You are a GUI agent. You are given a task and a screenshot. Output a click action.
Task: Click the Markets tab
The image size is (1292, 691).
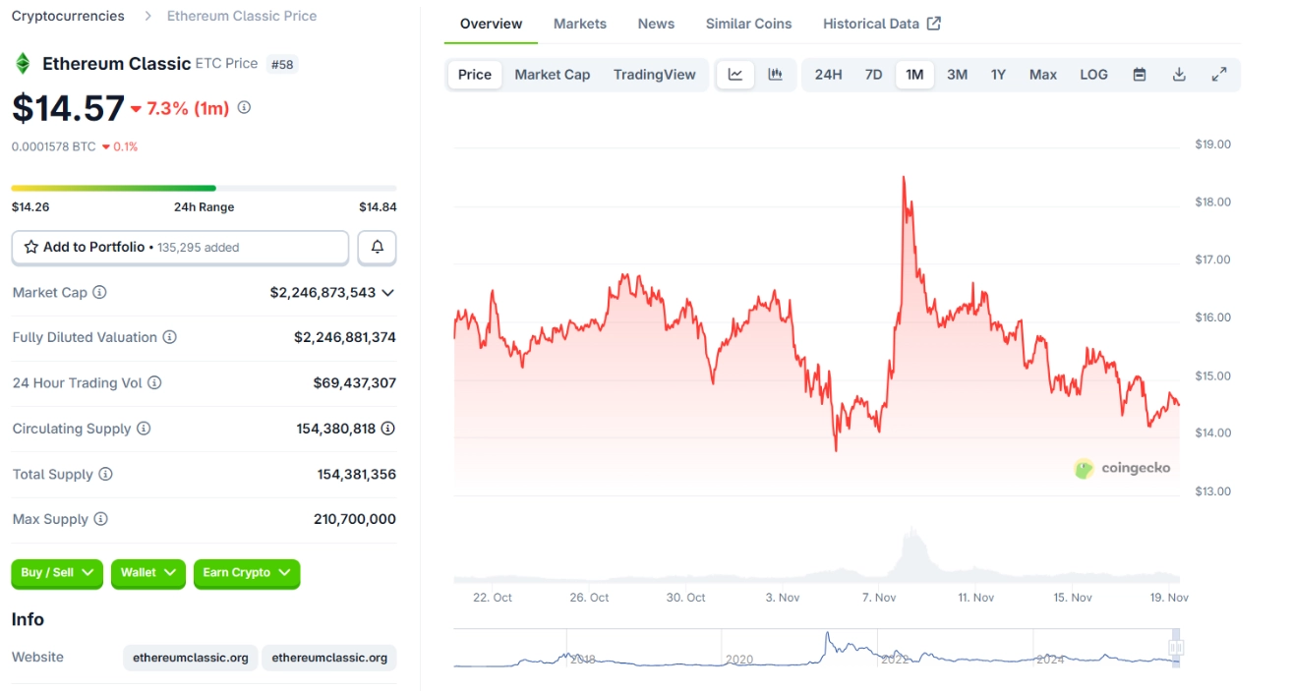click(579, 24)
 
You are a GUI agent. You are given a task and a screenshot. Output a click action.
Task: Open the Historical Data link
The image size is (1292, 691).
click(881, 24)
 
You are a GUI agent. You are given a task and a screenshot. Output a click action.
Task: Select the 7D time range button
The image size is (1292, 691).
click(873, 75)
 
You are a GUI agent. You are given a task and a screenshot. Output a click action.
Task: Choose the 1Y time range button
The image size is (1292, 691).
click(998, 75)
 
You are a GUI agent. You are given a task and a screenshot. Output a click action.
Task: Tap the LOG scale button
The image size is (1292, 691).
click(1093, 75)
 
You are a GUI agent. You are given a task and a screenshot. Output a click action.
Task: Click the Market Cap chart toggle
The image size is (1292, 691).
click(552, 75)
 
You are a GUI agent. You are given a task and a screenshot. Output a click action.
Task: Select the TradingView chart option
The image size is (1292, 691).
click(654, 75)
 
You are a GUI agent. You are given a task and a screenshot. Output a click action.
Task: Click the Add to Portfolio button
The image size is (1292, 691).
click(180, 248)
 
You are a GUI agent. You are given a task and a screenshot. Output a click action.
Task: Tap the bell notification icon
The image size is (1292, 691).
click(377, 248)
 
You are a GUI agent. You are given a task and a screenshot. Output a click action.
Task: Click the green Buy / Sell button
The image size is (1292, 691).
click(57, 573)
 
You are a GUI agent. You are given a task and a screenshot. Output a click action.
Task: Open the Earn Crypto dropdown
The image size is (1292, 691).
click(246, 573)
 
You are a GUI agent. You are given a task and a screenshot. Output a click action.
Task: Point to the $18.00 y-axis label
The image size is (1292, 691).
click(1212, 202)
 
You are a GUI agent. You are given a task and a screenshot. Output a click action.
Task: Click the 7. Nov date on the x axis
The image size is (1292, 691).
click(878, 598)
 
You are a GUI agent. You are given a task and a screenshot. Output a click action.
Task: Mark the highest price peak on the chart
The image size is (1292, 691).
click(903, 178)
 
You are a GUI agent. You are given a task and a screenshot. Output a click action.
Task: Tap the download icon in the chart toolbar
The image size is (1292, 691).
click(1179, 75)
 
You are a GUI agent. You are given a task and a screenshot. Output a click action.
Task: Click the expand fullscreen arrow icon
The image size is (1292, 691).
click(1219, 75)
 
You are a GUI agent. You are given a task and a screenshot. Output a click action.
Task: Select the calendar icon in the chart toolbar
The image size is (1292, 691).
click(1139, 75)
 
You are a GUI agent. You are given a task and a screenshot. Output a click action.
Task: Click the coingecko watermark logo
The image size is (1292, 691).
click(1122, 468)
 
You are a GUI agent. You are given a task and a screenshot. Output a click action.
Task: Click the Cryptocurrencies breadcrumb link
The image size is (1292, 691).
click(68, 16)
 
